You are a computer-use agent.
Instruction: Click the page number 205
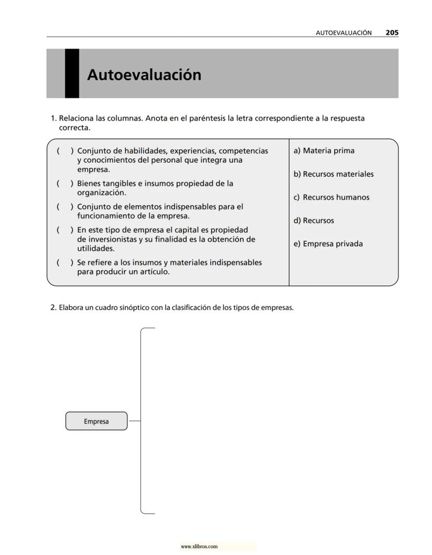[392, 32]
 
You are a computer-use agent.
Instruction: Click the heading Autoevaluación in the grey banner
[144, 75]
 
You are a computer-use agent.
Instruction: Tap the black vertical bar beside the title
[72, 74]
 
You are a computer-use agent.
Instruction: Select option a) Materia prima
[324, 151]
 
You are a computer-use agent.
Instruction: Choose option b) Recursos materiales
[333, 174]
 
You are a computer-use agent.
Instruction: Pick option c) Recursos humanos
[331, 197]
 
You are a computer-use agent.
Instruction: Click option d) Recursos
[314, 221]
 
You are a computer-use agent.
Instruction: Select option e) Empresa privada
[328, 244]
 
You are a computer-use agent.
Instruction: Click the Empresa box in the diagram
[97, 421]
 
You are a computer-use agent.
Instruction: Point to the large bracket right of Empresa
[141, 420]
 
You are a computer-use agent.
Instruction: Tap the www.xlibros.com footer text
[199, 547]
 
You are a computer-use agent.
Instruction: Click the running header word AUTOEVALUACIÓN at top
[344, 33]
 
